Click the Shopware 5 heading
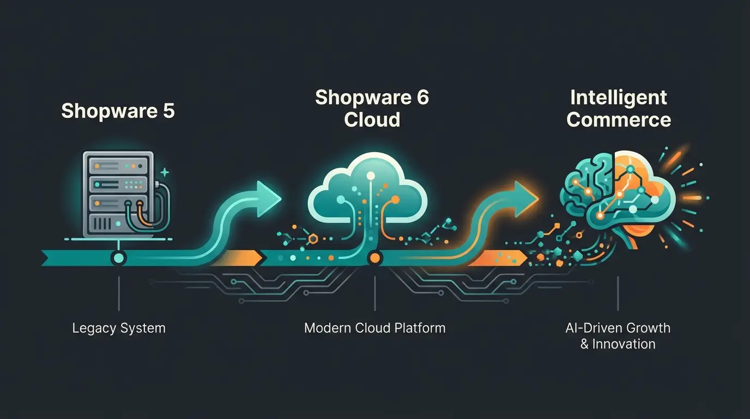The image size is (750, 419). pyautogui.click(x=118, y=110)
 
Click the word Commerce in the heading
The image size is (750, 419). pyautogui.click(x=618, y=119)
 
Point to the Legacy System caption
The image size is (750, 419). pyautogui.click(x=118, y=328)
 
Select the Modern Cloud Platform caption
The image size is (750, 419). pyautogui.click(x=374, y=328)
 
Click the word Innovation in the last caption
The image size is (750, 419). pyautogui.click(x=624, y=344)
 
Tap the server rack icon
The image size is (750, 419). pyautogui.click(x=117, y=194)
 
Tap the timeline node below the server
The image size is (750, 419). pyautogui.click(x=118, y=258)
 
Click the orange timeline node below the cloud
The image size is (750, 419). pyautogui.click(x=374, y=258)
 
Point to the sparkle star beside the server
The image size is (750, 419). pyautogui.click(x=165, y=172)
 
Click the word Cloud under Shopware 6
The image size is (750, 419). pyautogui.click(x=372, y=119)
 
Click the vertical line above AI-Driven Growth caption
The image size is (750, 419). pyautogui.click(x=618, y=294)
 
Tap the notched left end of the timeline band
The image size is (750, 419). pyautogui.click(x=49, y=258)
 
